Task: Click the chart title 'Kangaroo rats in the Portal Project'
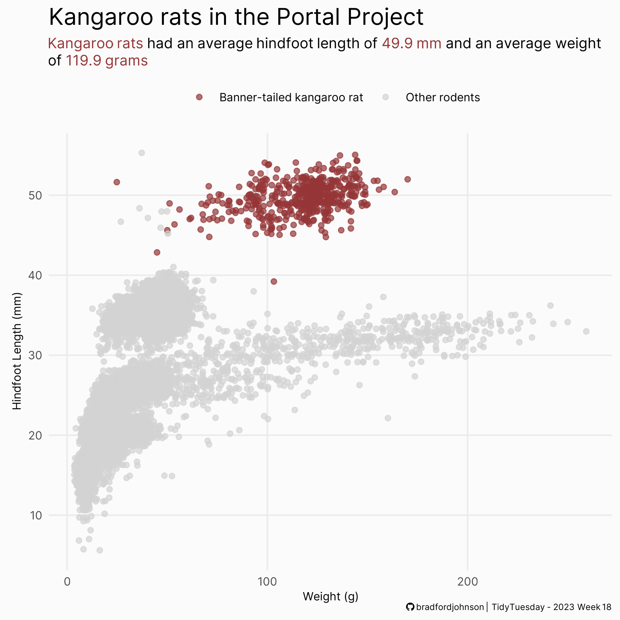pyautogui.click(x=236, y=17)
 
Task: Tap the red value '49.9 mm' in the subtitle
pyautogui.click(x=412, y=44)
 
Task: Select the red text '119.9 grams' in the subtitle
pyautogui.click(x=106, y=61)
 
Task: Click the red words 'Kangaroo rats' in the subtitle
pyautogui.click(x=95, y=44)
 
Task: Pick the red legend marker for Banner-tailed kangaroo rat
pyautogui.click(x=199, y=97)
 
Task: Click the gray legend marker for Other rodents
pyautogui.click(x=386, y=97)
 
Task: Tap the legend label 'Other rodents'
pyautogui.click(x=443, y=97)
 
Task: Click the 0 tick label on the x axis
pyautogui.click(x=67, y=581)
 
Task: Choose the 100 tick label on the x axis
pyautogui.click(x=267, y=581)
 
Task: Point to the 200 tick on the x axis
pyautogui.click(x=467, y=581)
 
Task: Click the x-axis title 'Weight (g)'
pyautogui.click(x=330, y=597)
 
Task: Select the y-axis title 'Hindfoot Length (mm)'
pyautogui.click(x=17, y=351)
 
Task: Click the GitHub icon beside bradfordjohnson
pyautogui.click(x=410, y=607)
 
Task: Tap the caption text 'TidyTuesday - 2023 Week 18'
pyautogui.click(x=551, y=607)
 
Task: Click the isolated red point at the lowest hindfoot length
pyautogui.click(x=274, y=281)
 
